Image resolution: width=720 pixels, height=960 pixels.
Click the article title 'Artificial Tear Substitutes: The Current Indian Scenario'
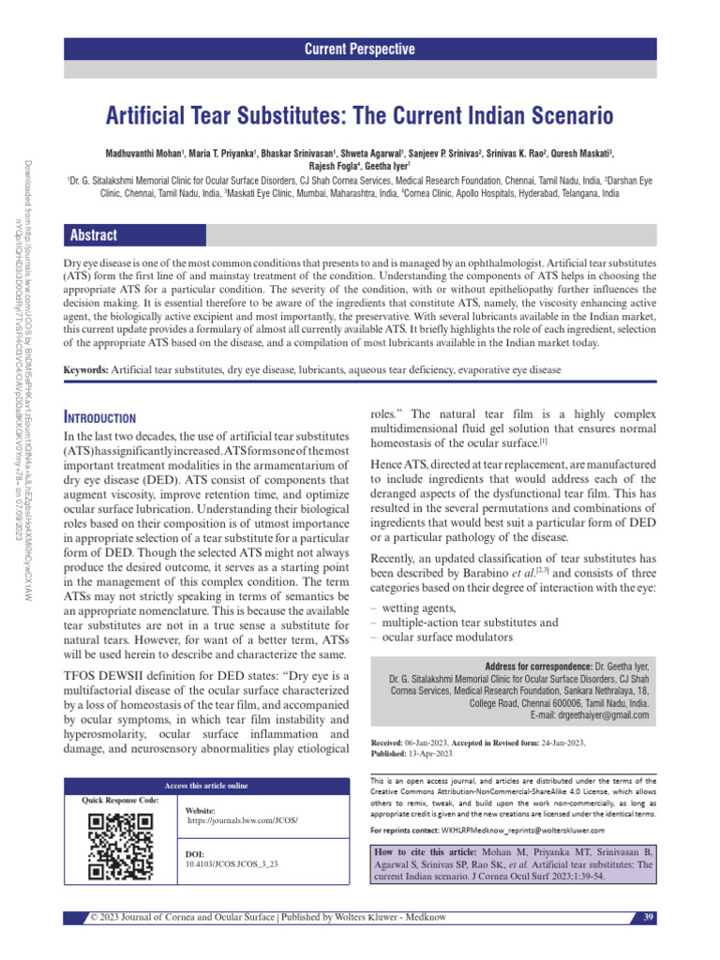pos(360,116)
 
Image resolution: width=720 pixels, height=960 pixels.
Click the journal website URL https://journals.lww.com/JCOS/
pos(243,820)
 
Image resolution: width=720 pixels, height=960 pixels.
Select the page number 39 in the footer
pos(647,916)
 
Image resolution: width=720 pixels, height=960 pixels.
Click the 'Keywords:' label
pos(85,372)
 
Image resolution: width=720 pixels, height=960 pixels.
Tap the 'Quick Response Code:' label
pos(113,801)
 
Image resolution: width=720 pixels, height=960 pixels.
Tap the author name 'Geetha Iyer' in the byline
pos(399,167)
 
